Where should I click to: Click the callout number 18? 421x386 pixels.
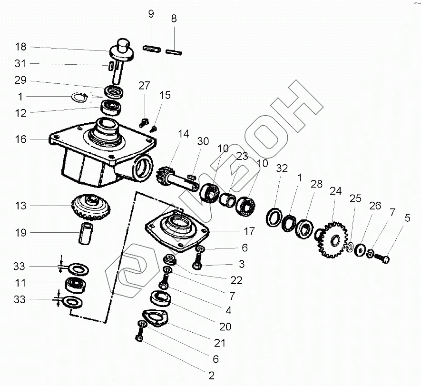[x=20, y=47]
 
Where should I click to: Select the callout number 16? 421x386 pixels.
[x=20, y=139]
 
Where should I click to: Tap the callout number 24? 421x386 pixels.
[x=336, y=191]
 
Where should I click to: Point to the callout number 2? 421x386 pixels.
[x=212, y=376]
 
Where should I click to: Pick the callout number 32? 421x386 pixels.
[x=282, y=168]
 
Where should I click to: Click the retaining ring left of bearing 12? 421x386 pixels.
[x=80, y=97]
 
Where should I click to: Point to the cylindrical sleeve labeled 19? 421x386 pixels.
[x=86, y=233]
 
